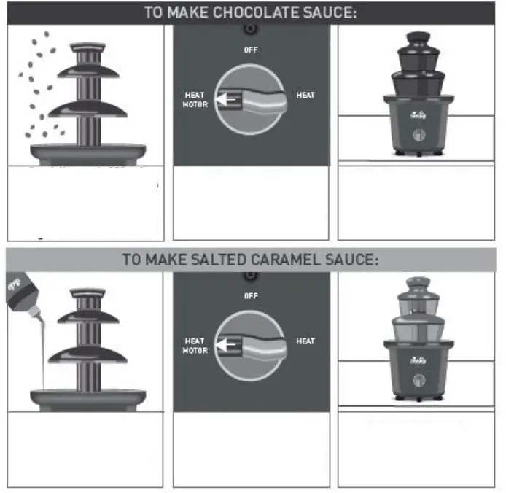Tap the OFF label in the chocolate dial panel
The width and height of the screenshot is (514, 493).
tap(251, 50)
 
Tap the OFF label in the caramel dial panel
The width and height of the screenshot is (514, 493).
tap(251, 296)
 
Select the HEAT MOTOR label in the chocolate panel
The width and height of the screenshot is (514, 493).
tap(195, 100)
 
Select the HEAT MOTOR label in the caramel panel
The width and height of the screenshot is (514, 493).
tap(195, 346)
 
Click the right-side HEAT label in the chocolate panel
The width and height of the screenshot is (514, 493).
tap(305, 96)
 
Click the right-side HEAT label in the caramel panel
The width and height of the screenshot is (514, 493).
tap(305, 341)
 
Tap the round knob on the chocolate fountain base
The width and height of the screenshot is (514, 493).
tap(418, 135)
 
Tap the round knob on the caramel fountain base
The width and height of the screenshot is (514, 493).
tap(418, 380)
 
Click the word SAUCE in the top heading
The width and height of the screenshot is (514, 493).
tap(328, 12)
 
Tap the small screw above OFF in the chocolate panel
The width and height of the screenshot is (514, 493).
tap(251, 28)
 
